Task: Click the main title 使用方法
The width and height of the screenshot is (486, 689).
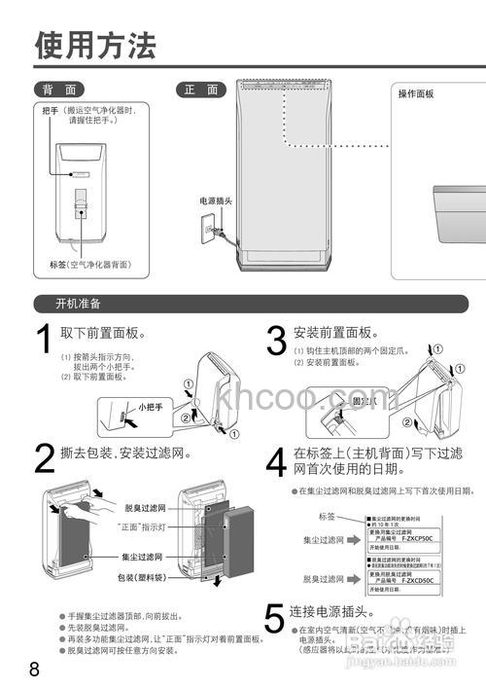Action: (94, 45)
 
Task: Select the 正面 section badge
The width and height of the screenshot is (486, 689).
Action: (201, 90)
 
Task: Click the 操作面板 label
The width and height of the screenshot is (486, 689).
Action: (416, 94)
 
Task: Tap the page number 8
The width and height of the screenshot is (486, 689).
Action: (34, 670)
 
